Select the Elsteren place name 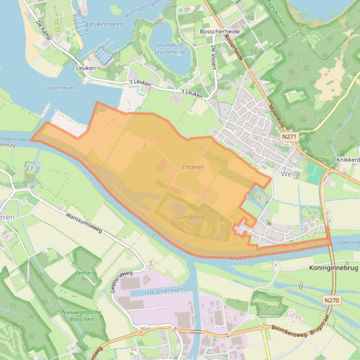point(192,167)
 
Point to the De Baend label point(192,217)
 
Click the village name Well point(288,173)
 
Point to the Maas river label point(238,258)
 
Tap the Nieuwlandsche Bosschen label point(81,316)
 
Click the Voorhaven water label point(61,87)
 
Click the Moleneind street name point(277,115)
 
